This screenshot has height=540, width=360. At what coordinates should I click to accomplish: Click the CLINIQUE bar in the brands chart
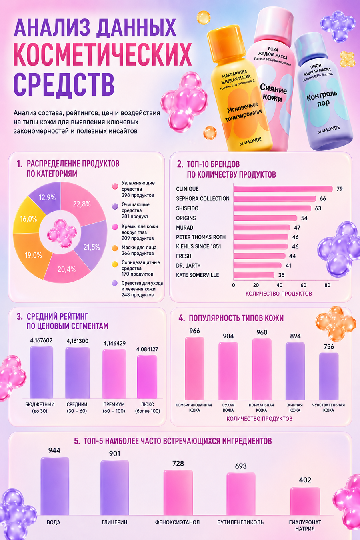click(283, 189)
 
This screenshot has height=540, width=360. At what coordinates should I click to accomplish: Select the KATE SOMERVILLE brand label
click(198, 275)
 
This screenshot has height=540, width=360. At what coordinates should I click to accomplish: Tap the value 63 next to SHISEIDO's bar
click(318, 208)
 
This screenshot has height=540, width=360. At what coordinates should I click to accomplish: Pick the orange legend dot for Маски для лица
click(115, 248)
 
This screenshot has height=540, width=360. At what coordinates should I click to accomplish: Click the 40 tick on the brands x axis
click(279, 285)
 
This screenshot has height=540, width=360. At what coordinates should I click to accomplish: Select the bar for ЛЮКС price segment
click(147, 377)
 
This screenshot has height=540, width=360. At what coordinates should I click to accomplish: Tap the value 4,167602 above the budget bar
click(41, 340)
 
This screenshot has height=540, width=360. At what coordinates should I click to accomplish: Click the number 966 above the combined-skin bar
click(194, 331)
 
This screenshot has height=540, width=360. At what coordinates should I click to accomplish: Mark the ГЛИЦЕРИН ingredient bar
click(114, 488)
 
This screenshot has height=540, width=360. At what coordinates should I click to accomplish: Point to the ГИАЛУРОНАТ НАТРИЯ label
click(305, 526)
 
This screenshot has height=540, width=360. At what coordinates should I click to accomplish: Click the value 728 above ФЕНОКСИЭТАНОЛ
click(178, 464)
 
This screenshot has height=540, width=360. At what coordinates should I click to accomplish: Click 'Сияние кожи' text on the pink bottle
click(273, 93)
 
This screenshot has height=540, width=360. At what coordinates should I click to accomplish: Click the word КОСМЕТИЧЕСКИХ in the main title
click(103, 54)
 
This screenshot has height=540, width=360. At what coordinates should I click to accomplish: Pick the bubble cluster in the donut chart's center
click(62, 233)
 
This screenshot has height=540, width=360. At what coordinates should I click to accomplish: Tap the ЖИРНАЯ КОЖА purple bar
click(295, 371)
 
